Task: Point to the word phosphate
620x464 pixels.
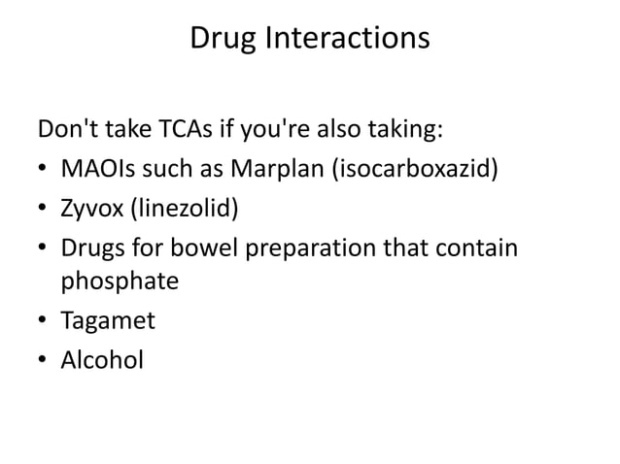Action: tap(121, 282)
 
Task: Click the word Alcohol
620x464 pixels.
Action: tap(102, 360)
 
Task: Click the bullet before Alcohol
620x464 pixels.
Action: tap(44, 360)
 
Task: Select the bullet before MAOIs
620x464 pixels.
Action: tap(44, 172)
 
